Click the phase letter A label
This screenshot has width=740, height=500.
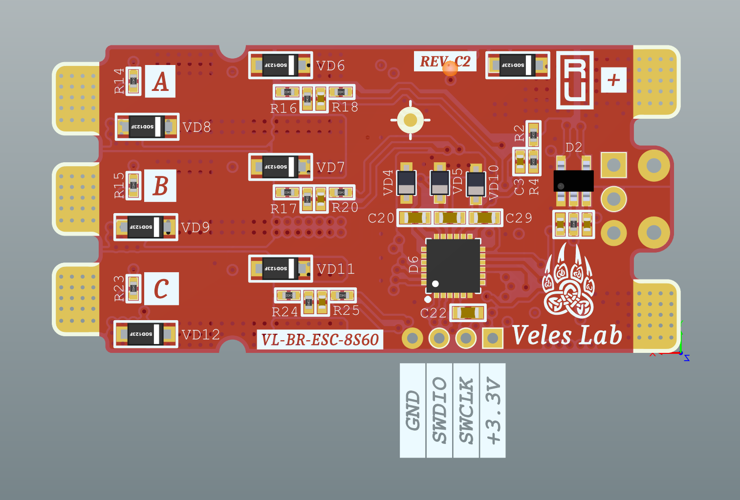point(160,81)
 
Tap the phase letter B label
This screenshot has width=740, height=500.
point(160,186)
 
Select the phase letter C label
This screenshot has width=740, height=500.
point(161,289)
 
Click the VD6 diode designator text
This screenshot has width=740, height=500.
point(330,66)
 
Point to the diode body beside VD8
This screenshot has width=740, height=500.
point(147,127)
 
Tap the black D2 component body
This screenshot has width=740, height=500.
point(573,181)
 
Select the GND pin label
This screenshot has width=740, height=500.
point(413,410)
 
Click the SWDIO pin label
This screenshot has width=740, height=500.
point(439,410)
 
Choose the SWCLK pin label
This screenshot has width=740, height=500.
point(466,410)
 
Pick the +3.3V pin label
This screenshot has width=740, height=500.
point(493,410)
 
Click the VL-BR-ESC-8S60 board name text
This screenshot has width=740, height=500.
point(320,340)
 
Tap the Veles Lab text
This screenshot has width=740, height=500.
point(567,336)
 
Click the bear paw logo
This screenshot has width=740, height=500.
point(568,283)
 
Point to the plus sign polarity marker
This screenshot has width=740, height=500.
point(613,79)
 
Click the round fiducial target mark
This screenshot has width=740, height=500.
point(411,120)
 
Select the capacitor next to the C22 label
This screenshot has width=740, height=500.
point(468,313)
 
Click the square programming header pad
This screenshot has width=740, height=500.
point(493,338)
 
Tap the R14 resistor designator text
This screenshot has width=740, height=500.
point(119,81)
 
